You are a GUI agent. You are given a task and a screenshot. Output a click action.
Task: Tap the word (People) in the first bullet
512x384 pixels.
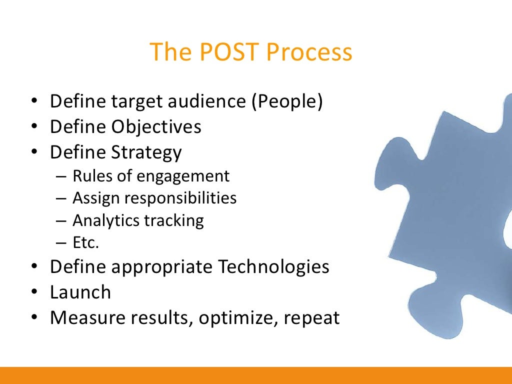coord(287,101)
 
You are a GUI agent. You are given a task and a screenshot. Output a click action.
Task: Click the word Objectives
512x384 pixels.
coord(156,126)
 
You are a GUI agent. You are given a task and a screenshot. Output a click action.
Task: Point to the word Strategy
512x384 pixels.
coord(146,152)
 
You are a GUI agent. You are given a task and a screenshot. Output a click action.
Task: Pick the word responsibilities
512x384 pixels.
coord(180,198)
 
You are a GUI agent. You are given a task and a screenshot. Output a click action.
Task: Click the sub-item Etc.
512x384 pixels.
coord(86,242)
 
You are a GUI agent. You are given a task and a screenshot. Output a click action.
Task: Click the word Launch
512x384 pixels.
coord(80,292)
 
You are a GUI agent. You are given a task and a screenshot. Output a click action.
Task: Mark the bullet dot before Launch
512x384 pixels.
coord(34,292)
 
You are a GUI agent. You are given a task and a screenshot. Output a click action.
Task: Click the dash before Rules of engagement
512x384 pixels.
coord(60,176)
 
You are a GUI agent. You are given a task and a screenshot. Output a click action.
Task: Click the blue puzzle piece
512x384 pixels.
coord(440,210)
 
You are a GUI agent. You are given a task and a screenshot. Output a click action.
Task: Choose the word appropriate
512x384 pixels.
coord(163,267)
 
